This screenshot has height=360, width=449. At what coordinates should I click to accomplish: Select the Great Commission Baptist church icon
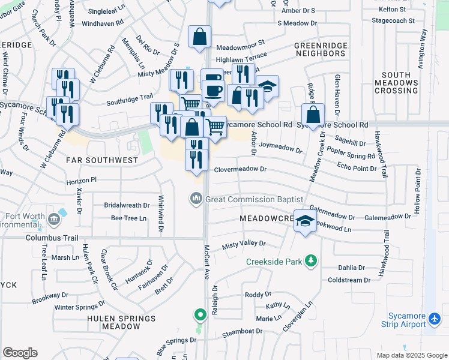point(196,199)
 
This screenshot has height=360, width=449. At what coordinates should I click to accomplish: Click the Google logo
point(20,353)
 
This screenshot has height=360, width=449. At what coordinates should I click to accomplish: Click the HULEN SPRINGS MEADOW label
point(113,322)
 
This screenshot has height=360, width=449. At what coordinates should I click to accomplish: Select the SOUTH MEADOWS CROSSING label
point(396,83)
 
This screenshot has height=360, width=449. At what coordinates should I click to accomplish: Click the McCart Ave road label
point(206,262)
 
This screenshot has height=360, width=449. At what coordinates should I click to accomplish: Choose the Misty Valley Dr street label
point(243,244)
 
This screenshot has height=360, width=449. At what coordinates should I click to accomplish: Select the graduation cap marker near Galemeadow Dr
point(305,221)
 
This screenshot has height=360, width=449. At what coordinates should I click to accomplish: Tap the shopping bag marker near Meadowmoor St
point(199,37)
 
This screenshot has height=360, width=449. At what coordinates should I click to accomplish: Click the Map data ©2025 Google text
point(411,355)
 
